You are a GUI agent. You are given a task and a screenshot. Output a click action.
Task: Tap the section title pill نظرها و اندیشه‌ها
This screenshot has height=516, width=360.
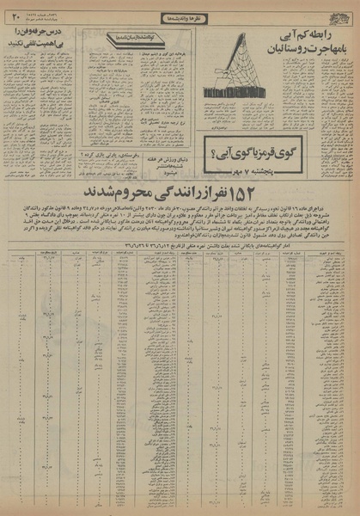click(x=180, y=16)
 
